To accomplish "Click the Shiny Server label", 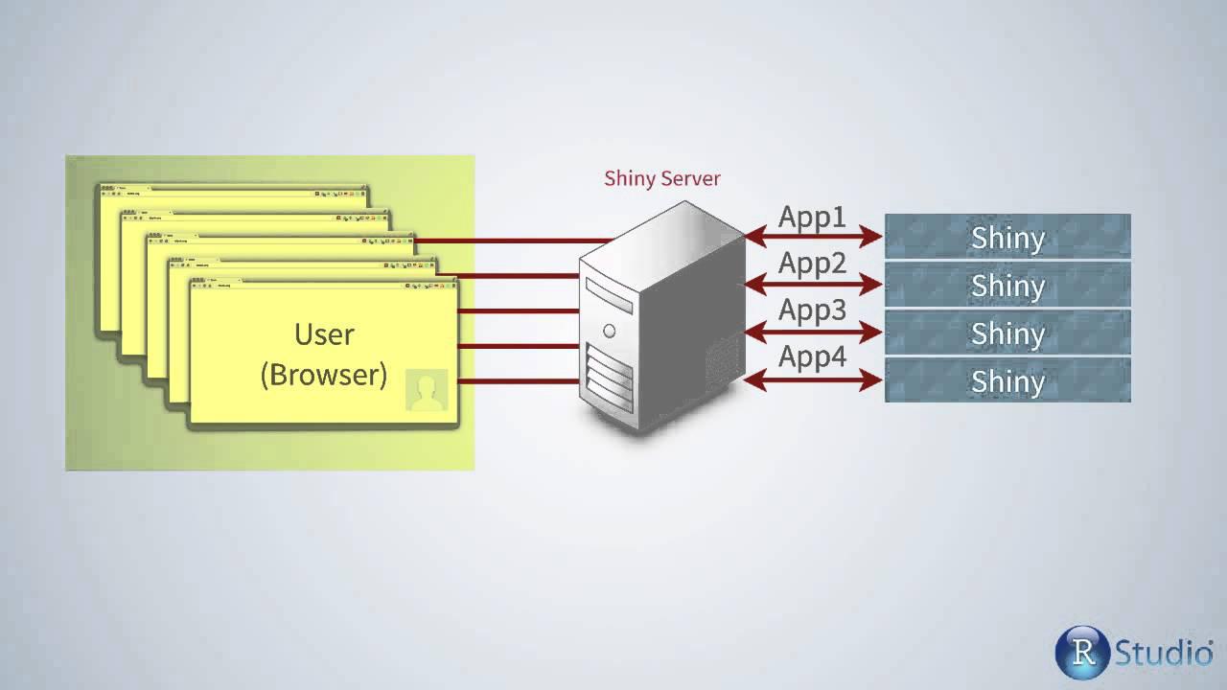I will (661, 178).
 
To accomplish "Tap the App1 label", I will (812, 216).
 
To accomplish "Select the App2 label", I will (812, 263).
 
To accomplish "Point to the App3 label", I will (812, 310).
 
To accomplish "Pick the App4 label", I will (812, 357).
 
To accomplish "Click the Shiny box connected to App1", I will (1007, 237).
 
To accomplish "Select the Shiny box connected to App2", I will (1007, 285).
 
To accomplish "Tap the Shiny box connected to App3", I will (1007, 333).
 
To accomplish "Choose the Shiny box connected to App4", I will (1007, 380).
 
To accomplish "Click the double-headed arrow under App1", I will (813, 236).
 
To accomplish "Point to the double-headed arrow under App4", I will (813, 380).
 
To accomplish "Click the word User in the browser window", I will (324, 334).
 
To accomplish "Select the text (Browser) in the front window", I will (324, 374).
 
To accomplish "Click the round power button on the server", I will (609, 332).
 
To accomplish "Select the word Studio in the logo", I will (1163, 653).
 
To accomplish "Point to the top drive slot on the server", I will (609, 296).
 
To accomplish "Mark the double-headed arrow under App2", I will (813, 284).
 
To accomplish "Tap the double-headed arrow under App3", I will (813, 333).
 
